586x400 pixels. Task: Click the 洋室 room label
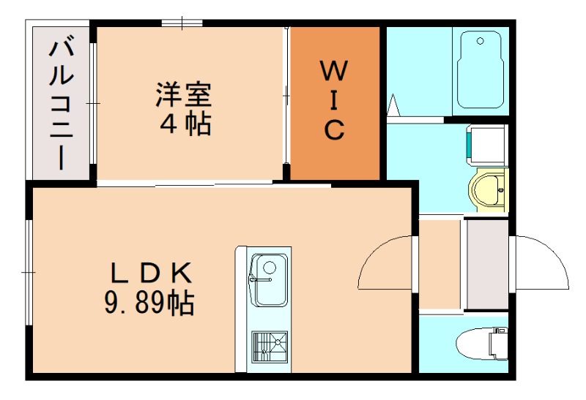pos(183,94)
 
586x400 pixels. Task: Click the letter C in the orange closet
pos(334,130)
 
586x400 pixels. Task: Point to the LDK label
pos(151,273)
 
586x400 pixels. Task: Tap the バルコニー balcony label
pos(61,102)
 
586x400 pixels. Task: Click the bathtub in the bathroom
pos(480,70)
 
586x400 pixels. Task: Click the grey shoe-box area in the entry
pos(487,263)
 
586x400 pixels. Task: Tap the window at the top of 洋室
pos(182,23)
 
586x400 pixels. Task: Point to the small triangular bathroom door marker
pos(393,105)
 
